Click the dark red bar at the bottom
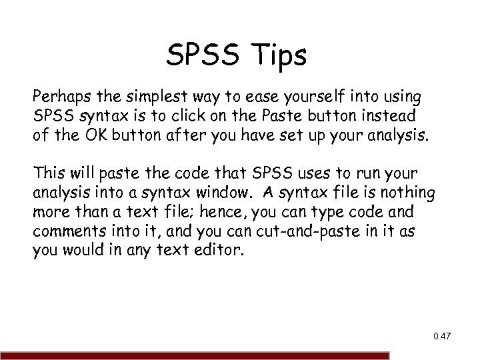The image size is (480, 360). (193, 356)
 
